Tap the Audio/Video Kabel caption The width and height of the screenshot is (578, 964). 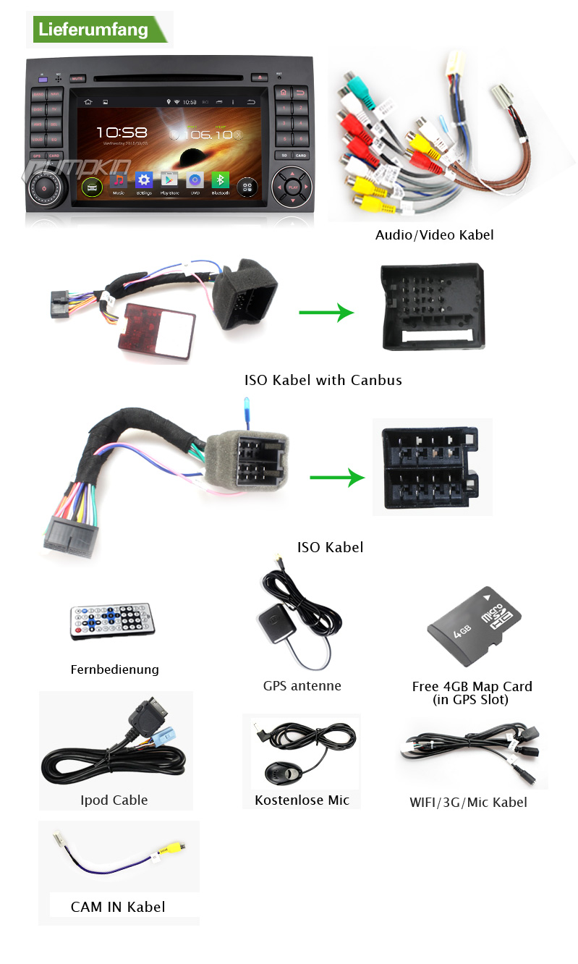click(x=434, y=234)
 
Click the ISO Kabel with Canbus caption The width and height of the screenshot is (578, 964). click(x=323, y=380)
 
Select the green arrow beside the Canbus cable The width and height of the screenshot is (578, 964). click(x=326, y=313)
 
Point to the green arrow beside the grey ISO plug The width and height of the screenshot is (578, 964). click(x=336, y=478)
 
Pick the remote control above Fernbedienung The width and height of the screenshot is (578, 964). click(x=111, y=620)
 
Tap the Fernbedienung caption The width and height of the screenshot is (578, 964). click(x=114, y=669)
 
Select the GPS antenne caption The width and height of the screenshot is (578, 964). click(x=302, y=685)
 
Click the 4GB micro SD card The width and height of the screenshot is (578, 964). click(x=474, y=627)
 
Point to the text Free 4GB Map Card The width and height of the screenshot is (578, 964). click(x=472, y=686)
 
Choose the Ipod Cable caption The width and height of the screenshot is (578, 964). click(x=114, y=800)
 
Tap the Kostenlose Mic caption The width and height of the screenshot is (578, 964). click(x=302, y=800)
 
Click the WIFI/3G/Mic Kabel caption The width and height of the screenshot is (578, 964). click(x=468, y=802)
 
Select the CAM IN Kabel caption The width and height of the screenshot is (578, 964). click(x=118, y=906)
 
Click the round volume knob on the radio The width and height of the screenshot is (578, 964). click(x=45, y=187)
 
